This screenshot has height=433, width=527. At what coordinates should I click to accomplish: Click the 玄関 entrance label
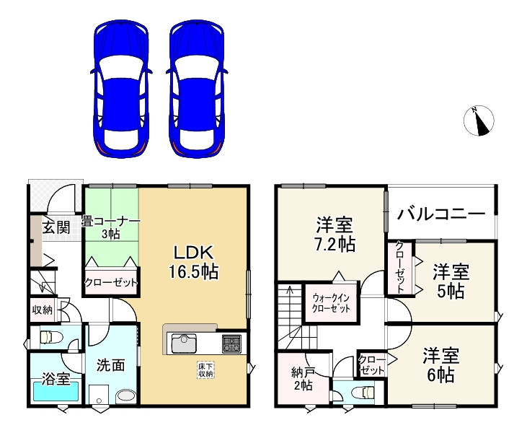[x=56, y=229]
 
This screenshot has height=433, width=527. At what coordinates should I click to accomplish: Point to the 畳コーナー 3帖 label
[x=110, y=227]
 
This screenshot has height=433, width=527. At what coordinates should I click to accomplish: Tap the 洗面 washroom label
[x=111, y=364]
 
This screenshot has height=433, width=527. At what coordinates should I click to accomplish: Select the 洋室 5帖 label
[x=451, y=281]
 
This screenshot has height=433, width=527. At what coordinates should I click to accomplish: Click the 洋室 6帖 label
[x=440, y=365]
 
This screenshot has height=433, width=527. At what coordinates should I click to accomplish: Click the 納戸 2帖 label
[x=302, y=378]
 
